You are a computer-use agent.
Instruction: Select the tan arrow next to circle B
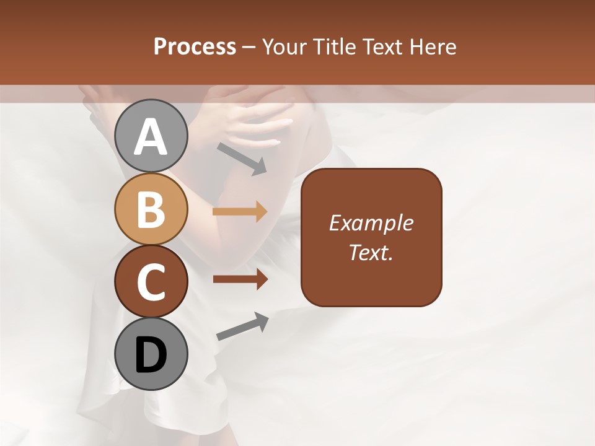click(240, 212)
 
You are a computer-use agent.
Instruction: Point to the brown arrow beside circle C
click(240, 279)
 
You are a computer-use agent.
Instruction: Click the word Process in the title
click(195, 47)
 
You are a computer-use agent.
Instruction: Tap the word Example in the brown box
click(371, 223)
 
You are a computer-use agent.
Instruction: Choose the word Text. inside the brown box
click(371, 252)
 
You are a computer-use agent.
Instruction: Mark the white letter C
click(151, 282)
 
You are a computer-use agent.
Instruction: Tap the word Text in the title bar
click(384, 47)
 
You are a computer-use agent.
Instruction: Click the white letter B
click(151, 210)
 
